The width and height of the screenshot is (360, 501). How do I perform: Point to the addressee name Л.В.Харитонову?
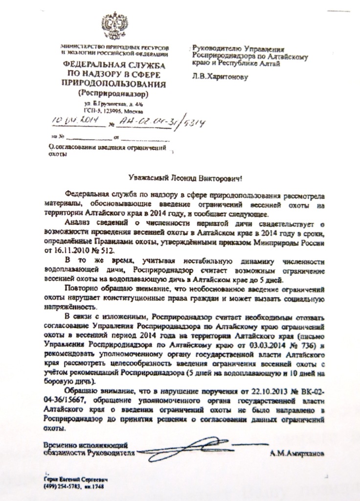click(x=220, y=76)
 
